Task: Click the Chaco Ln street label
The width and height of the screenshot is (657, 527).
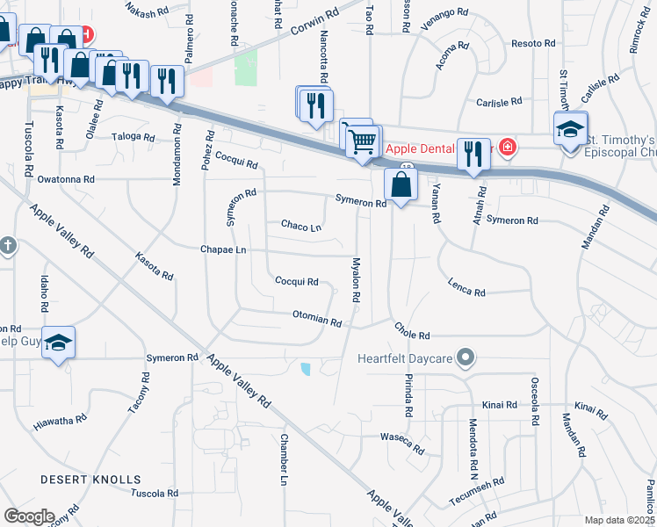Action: [300, 227]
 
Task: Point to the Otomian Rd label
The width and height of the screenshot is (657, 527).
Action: [316, 318]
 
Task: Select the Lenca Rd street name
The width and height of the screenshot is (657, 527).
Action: [466, 287]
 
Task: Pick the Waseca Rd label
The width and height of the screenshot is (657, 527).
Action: [402, 443]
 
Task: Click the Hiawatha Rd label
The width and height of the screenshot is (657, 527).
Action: [61, 421]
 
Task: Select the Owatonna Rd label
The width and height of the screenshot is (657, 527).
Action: [65, 178]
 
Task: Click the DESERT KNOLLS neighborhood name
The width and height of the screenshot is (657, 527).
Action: [90, 480]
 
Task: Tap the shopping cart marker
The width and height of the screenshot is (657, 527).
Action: [362, 141]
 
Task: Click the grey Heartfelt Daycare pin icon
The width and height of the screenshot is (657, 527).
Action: [467, 357]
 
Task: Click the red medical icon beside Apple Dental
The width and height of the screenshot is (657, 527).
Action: [506, 147]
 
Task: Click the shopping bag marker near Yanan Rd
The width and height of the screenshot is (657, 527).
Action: [401, 186]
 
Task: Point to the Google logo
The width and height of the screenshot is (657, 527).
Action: [29, 516]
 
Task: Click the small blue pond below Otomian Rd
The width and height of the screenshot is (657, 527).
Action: [306, 369]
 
